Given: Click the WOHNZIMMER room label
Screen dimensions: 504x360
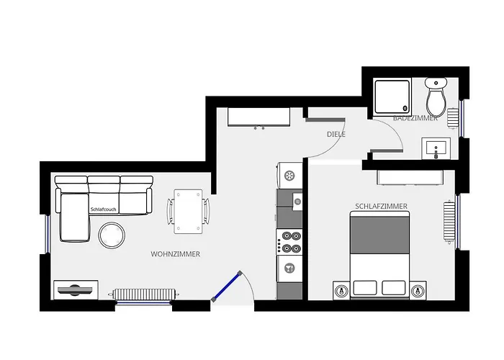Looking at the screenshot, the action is click(176, 254).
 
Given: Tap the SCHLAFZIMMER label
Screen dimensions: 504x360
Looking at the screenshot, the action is click(381, 207).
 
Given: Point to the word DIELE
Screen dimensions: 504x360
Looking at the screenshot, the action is click(336, 135).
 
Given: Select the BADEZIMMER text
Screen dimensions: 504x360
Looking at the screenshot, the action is click(415, 118).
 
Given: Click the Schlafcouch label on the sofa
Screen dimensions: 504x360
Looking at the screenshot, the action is click(103, 210).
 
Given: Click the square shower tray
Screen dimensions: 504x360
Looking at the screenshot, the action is click(392, 96).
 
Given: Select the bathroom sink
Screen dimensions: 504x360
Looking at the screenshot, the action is click(436, 148).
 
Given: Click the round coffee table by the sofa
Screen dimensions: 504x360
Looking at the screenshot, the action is click(112, 235).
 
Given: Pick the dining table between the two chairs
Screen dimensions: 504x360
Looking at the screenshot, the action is click(188, 211).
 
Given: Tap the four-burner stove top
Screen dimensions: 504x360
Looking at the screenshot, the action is click(289, 242).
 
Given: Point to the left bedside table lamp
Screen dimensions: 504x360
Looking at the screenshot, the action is click(341, 291).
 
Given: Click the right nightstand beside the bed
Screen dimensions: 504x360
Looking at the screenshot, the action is click(418, 291).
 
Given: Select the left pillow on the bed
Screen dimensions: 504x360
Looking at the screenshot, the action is click(365, 288).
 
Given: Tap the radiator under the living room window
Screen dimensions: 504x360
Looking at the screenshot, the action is click(145, 294).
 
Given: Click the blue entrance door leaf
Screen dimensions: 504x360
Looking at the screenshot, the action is click(227, 287).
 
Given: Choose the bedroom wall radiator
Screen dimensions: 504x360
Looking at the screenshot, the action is click(450, 221).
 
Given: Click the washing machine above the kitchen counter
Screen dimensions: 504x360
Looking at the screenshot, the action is click(289, 176).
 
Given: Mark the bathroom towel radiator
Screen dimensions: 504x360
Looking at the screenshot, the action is click(453, 118).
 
